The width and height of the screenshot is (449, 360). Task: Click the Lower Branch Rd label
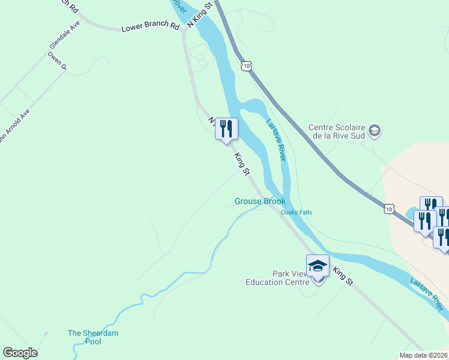tap(150, 28)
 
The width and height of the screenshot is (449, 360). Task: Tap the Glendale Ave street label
tap(65, 35)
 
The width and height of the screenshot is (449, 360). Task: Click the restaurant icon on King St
tap(226, 129)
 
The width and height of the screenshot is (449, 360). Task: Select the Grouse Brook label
tap(260, 202)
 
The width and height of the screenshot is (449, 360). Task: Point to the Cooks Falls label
tap(297, 212)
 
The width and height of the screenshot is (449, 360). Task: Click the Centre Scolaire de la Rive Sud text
tap(337, 131)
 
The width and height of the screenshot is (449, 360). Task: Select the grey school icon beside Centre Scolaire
tap(375, 130)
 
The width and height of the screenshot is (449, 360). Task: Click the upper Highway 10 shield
tap(246, 65)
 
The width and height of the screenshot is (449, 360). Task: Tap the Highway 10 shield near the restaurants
tap(390, 208)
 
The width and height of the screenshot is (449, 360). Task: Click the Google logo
tap(20, 353)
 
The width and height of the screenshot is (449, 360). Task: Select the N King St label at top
tap(200, 14)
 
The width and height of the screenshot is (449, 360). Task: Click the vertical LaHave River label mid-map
tap(275, 139)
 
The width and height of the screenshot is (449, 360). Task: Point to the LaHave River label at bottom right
tap(429, 294)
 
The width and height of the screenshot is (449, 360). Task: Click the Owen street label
tap(58, 61)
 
